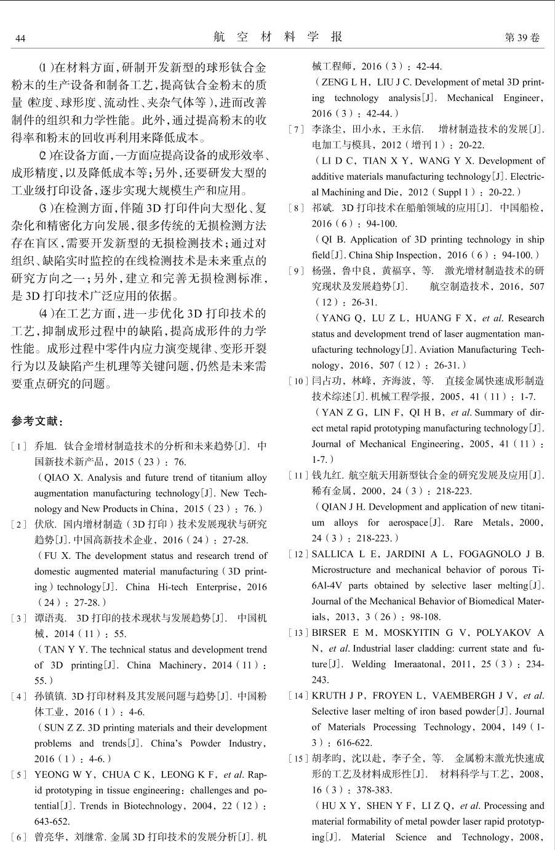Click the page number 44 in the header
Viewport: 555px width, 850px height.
click(x=20, y=39)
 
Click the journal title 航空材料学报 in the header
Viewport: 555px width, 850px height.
click(x=277, y=37)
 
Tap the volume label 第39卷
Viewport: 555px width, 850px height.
click(x=522, y=38)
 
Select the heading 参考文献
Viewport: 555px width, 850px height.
click(x=37, y=422)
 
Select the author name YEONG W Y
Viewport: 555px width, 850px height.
click(x=65, y=774)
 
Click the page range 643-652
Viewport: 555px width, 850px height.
click(x=52, y=821)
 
